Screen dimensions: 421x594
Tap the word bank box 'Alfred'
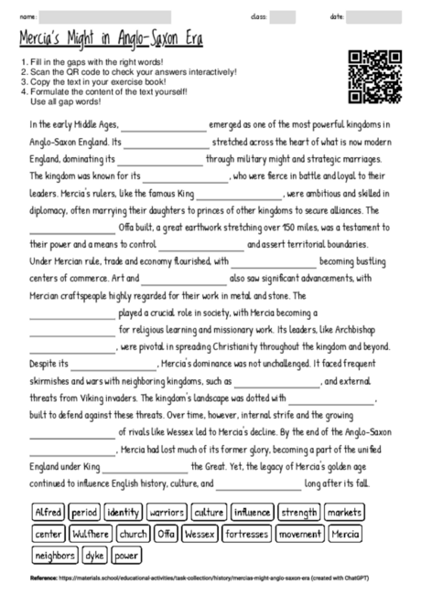(x=48, y=512)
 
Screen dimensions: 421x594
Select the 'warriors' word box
(x=167, y=512)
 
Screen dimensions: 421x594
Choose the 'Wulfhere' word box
(x=90, y=533)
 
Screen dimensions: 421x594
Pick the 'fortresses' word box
(x=246, y=533)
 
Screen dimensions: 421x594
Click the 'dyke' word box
(x=95, y=555)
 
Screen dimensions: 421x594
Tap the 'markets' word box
(x=345, y=512)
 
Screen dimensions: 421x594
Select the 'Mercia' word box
(x=345, y=533)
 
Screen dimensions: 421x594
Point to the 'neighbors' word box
(x=55, y=555)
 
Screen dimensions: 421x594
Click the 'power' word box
(x=127, y=555)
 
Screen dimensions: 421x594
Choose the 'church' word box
(x=133, y=533)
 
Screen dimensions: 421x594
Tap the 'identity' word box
(x=123, y=512)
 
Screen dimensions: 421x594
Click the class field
(x=283, y=16)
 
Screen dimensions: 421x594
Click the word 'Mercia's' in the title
(x=45, y=40)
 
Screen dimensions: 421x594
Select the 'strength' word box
(x=298, y=512)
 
